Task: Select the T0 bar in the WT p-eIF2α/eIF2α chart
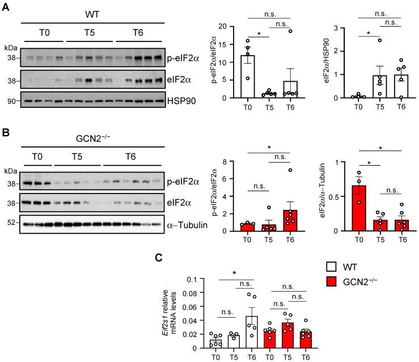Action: pos(247,77)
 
